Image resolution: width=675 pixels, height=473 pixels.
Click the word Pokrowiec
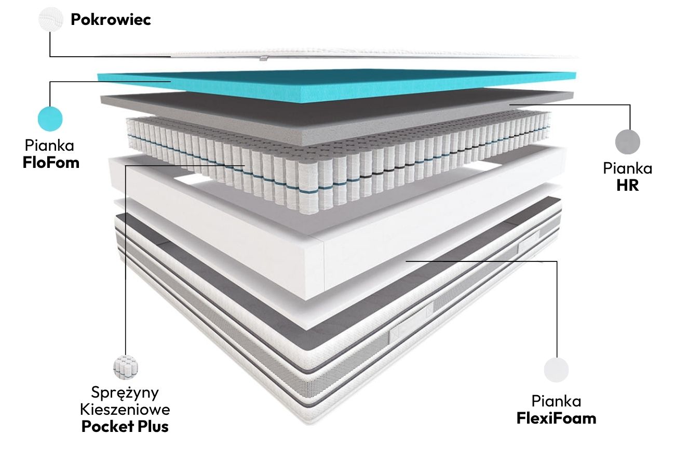111,20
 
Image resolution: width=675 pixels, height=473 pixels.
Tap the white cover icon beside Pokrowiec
50,20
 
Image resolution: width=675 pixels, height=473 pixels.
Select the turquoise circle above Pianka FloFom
50,119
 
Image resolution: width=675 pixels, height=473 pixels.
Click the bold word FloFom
51,162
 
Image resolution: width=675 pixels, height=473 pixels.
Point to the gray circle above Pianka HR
628,141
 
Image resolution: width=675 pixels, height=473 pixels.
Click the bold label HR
627,185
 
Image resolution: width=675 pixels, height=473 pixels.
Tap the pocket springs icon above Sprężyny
125,367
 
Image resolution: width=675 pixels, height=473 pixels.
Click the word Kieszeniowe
125,409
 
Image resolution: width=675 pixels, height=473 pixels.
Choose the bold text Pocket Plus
125,427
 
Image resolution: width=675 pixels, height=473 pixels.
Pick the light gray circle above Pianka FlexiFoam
556,370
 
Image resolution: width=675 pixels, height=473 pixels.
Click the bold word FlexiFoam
556,418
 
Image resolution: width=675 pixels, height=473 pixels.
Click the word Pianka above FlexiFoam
556,401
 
